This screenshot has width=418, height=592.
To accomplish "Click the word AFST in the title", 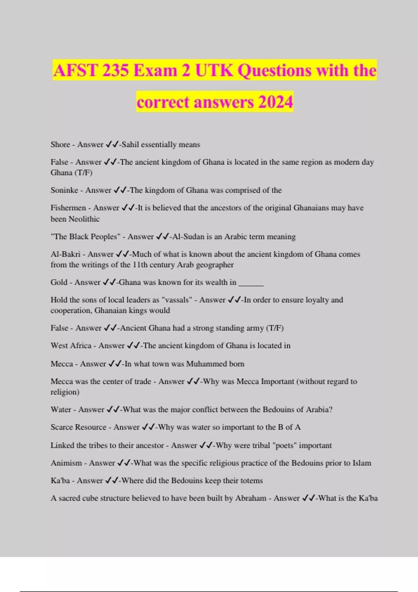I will pos(75,71).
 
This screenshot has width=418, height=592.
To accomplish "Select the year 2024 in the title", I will pos(276,102).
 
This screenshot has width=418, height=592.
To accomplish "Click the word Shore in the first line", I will pos(60,145).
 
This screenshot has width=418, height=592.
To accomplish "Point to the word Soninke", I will pos(64,190).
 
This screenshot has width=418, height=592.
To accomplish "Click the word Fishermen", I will pos(68,208).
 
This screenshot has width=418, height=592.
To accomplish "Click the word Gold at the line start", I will pos(59,282).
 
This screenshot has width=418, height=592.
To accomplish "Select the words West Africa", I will pos(71,346).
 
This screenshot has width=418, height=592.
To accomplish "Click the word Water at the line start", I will pos(61,410).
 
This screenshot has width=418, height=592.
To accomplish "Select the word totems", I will pos(251,481).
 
